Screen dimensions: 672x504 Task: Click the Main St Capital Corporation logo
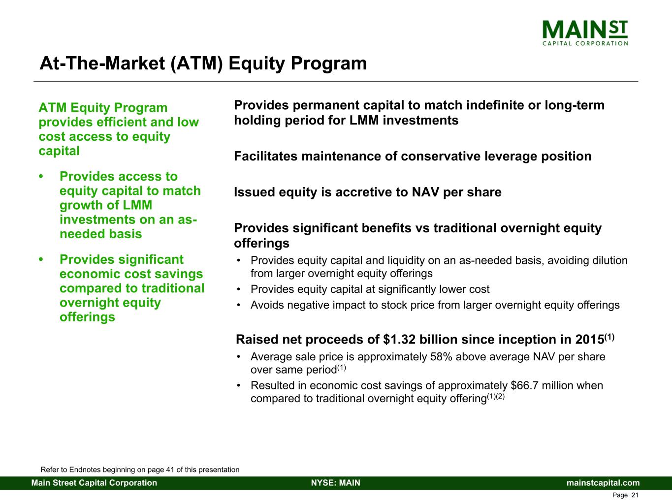pos(585,33)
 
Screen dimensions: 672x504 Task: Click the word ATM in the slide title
pos(196,63)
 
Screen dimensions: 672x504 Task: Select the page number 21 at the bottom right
pos(635,495)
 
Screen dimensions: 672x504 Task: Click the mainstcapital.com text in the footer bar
pos(603,483)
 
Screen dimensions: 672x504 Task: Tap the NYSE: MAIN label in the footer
pos(336,483)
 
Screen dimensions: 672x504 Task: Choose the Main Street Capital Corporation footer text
pos(94,483)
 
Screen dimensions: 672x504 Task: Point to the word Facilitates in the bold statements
pos(266,157)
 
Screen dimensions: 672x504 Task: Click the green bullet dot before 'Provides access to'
pos(41,176)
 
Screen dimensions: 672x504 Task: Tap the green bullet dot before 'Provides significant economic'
pos(41,259)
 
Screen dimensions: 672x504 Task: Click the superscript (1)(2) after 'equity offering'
pos(496,397)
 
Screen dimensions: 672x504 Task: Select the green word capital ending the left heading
pos(59,151)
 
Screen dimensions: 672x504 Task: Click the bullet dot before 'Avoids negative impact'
pos(238,305)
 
